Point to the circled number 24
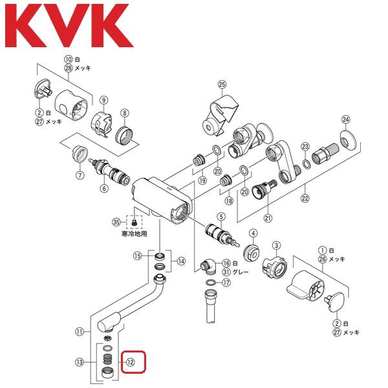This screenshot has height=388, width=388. (x=345, y=119)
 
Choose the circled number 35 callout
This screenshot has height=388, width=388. (x=117, y=222)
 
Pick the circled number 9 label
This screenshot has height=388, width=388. (x=103, y=99)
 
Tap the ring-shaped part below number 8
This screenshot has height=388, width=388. (x=125, y=135)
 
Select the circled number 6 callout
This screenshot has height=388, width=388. (x=103, y=188)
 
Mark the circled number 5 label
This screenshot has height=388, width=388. (x=221, y=216)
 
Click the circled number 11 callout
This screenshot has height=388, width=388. (x=79, y=332)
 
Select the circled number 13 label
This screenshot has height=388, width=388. (x=79, y=361)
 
